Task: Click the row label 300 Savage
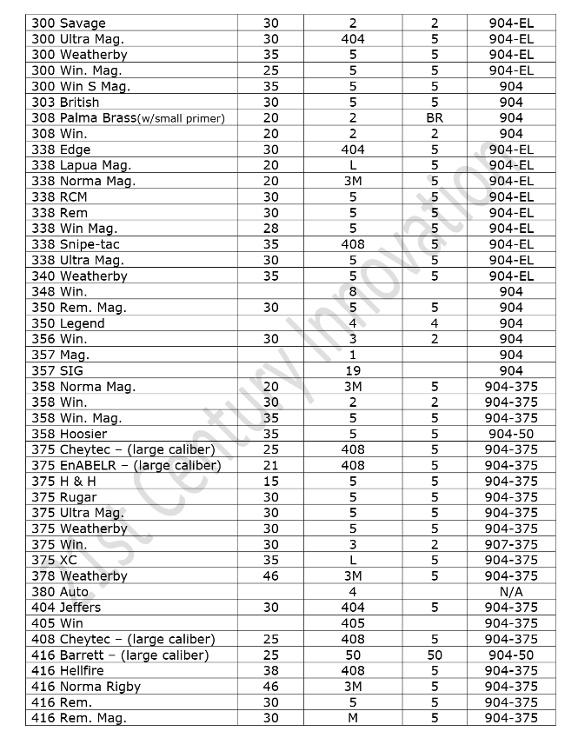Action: [68, 23]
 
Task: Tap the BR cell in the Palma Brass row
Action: [435, 118]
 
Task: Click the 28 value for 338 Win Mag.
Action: [270, 229]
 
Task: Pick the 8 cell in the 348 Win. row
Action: [353, 292]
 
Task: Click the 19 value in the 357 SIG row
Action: [353, 371]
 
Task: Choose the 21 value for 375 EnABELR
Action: [270, 466]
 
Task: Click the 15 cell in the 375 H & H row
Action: [270, 482]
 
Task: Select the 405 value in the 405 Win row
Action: [353, 623]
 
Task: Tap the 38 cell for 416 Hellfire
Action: [270, 671]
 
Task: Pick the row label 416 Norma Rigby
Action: [86, 687]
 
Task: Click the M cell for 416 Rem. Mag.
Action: [353, 718]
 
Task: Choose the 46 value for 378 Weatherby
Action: [270, 576]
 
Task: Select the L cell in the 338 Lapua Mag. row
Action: [353, 165]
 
